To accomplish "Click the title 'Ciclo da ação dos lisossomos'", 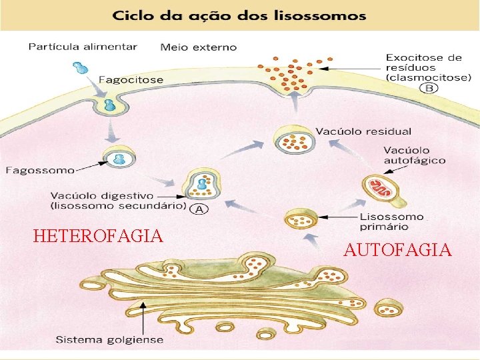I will point(239,15).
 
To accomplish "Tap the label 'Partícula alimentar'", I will point(83,47).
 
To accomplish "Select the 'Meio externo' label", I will point(198,47).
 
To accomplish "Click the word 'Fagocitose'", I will point(131,79).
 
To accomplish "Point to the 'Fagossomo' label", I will point(40,170).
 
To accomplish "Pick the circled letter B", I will point(430,88).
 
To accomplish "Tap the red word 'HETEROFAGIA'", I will point(98,236).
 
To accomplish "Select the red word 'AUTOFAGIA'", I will point(397,251).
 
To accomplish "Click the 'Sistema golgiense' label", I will point(109,339).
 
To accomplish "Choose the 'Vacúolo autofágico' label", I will point(415,155).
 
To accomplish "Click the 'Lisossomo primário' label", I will point(391,221).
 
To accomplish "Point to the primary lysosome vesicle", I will point(301,217).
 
